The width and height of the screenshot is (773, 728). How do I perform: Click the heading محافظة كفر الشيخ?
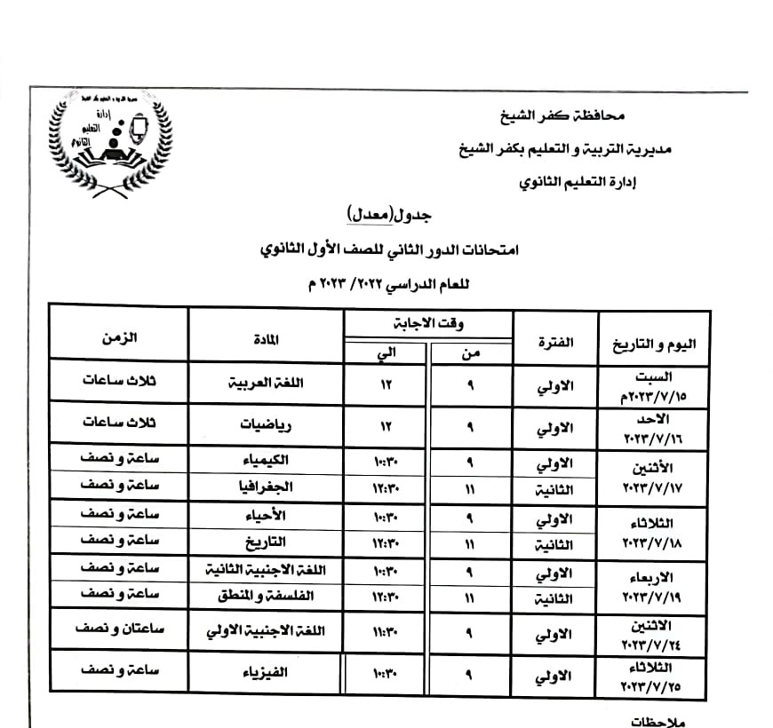[563, 115]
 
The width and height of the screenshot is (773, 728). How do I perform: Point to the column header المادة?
[266, 338]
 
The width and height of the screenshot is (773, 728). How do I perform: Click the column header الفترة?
[556, 342]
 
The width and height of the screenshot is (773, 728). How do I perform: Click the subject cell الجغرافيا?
[267, 486]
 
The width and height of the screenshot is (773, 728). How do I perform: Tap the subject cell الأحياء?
[266, 515]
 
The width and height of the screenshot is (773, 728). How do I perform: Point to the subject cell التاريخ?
[266, 542]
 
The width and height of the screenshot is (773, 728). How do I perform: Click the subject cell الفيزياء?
[267, 672]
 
